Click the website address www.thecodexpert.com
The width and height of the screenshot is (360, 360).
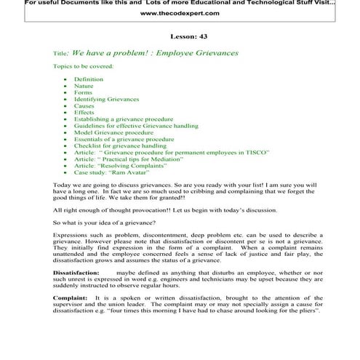click(x=180, y=13)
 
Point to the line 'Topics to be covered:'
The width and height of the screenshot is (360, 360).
click(x=83, y=66)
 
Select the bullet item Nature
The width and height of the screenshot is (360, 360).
click(x=84, y=86)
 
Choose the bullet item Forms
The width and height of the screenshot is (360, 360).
click(x=83, y=92)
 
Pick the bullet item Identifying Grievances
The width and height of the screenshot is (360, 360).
click(x=103, y=100)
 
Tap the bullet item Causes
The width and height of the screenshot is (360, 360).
click(x=84, y=106)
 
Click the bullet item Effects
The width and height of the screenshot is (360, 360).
click(x=84, y=113)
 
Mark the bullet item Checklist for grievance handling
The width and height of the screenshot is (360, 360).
click(x=120, y=146)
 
